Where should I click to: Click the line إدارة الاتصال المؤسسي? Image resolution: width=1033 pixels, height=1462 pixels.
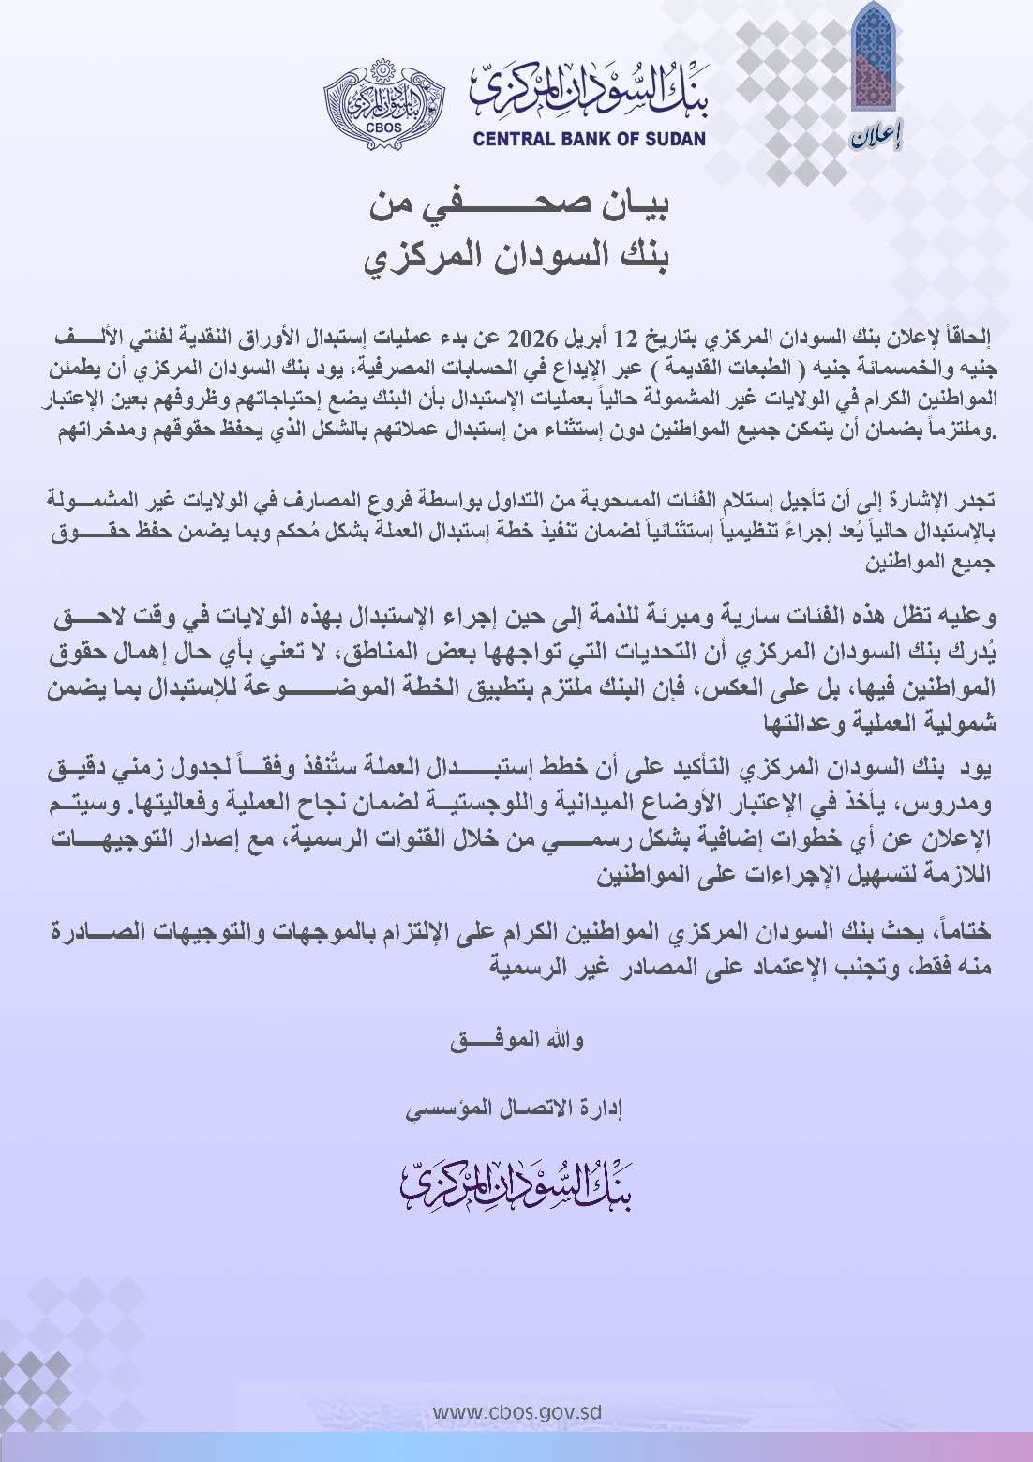[516, 1109]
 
